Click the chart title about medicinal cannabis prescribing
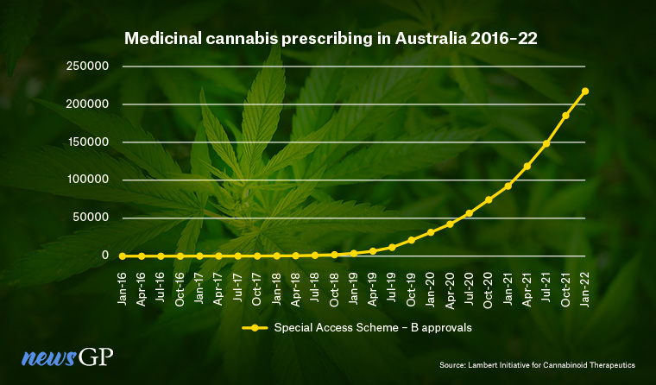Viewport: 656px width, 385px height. click(327, 39)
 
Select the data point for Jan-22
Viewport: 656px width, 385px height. click(585, 91)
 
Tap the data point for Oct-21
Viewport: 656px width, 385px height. click(566, 116)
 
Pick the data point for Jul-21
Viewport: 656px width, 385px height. click(546, 143)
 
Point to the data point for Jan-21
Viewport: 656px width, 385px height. click(508, 186)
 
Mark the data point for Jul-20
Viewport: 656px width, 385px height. click(470, 213)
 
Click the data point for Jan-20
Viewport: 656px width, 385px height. click(431, 232)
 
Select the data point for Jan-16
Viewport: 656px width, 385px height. click(123, 256)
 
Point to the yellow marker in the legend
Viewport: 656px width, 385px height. click(255, 327)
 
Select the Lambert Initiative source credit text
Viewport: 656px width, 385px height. click(547, 366)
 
